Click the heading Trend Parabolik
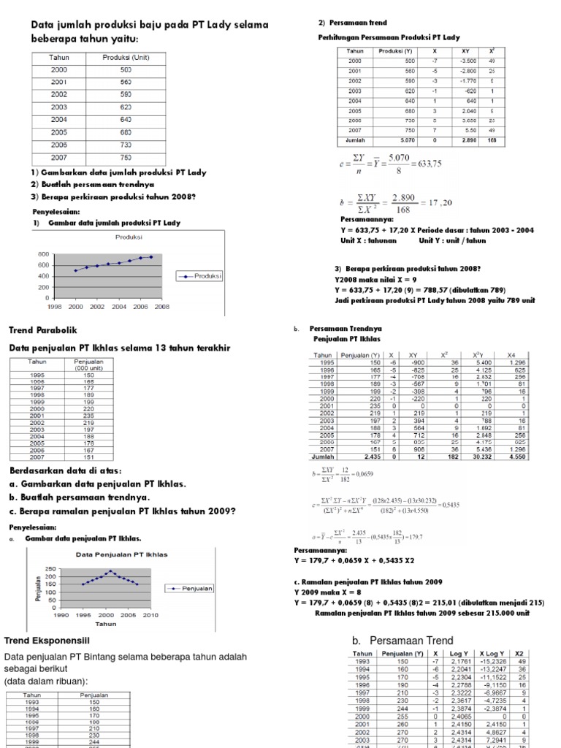(x=45, y=332)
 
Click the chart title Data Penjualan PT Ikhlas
(x=122, y=554)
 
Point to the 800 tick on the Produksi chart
(x=43, y=254)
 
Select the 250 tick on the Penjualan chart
(x=50, y=568)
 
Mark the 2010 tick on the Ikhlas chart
(x=150, y=616)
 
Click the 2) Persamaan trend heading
(x=353, y=23)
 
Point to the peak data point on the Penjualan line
(x=110, y=571)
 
